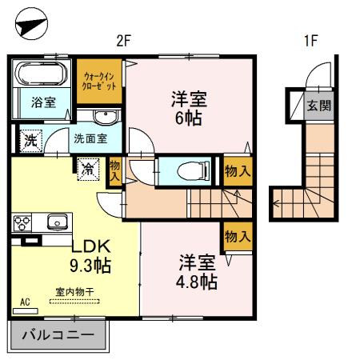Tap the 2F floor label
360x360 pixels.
(122, 42)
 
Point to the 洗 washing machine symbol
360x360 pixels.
(29, 138)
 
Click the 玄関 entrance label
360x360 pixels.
(318, 106)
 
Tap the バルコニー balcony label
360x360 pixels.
(58, 334)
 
